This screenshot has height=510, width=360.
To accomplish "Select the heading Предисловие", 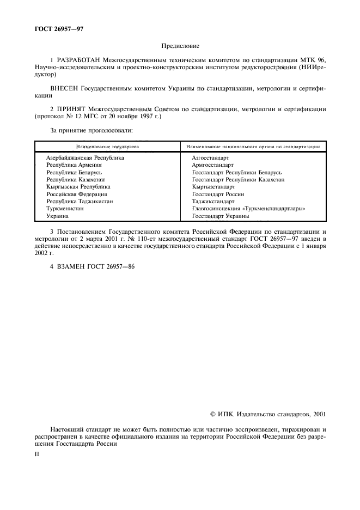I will pos(180,48).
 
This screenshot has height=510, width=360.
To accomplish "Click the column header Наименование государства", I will pos(107,147).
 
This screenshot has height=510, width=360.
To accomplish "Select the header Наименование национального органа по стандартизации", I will pos(253,147).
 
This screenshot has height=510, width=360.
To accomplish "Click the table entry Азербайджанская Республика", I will pos(85,157).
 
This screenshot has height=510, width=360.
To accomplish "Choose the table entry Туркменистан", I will pos(65,209).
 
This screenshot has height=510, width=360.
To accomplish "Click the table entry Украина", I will pos(57,216).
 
